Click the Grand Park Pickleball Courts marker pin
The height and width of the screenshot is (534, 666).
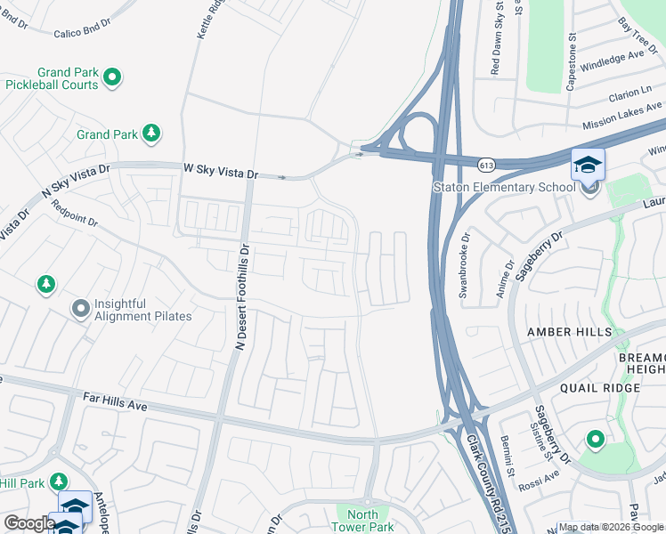click(x=112, y=78)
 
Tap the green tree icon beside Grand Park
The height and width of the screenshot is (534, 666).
click(x=152, y=133)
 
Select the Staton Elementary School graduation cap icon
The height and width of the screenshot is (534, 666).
click(x=588, y=165)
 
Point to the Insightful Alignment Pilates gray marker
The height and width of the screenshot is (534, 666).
click(x=81, y=309)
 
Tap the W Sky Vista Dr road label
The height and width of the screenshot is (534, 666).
click(x=221, y=168)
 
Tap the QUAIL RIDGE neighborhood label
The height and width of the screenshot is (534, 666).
click(x=599, y=388)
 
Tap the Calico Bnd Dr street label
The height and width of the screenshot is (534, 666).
click(x=82, y=34)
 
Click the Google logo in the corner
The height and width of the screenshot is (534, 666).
click(x=28, y=522)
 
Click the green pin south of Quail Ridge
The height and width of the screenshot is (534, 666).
click(x=595, y=440)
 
